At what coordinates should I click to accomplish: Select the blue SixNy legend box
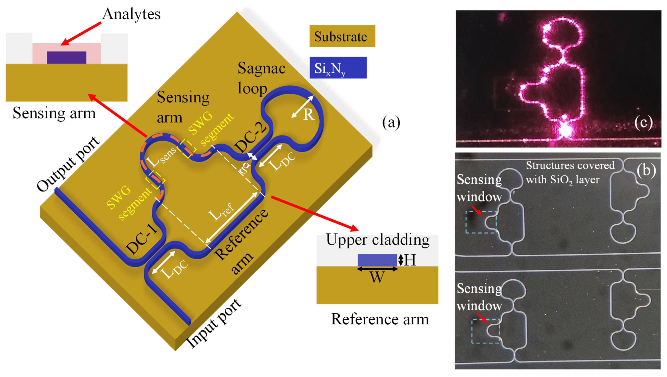[x=338, y=68]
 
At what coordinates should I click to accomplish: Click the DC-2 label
[x=251, y=137]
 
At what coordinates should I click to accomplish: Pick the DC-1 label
[x=142, y=239]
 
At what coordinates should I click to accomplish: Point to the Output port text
[x=68, y=164]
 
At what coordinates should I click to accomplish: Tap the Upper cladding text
[x=377, y=240]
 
